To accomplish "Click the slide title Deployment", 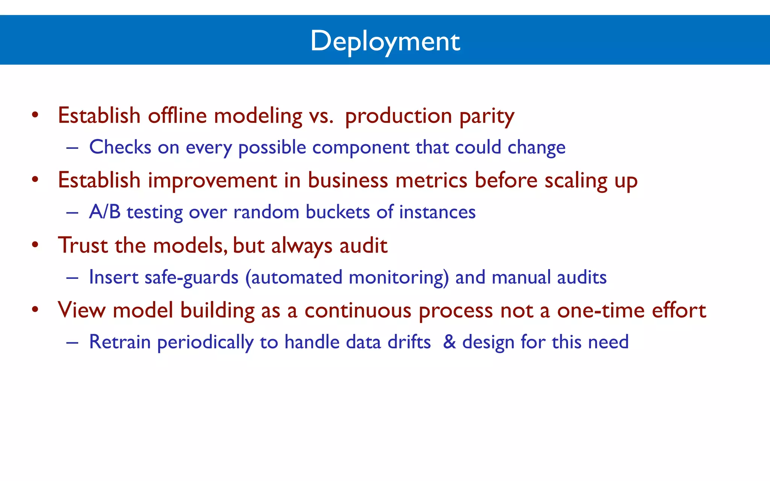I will (x=385, y=41).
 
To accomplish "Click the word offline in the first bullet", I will (x=177, y=115).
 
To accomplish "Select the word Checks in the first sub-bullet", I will (x=120, y=147).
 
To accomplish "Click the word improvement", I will (x=212, y=181).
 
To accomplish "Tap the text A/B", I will (x=105, y=212).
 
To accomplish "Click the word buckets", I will (x=338, y=212).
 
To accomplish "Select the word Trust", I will (x=83, y=245).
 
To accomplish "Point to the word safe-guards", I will (x=191, y=277).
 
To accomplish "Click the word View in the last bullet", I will (x=82, y=310).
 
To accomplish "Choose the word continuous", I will (x=358, y=310).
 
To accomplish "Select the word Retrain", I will (x=120, y=342).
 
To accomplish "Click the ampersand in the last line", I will (x=449, y=342).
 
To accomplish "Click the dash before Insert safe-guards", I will (x=72, y=278).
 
